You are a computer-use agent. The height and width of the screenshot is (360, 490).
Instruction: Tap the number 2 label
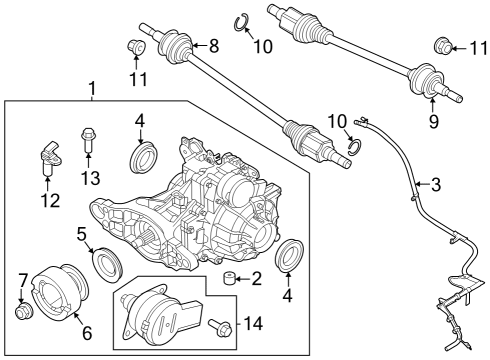(x=256, y=278)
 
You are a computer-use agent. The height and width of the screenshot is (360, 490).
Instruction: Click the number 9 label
(x=433, y=123)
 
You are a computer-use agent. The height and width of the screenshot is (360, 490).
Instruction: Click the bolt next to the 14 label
(x=219, y=324)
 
